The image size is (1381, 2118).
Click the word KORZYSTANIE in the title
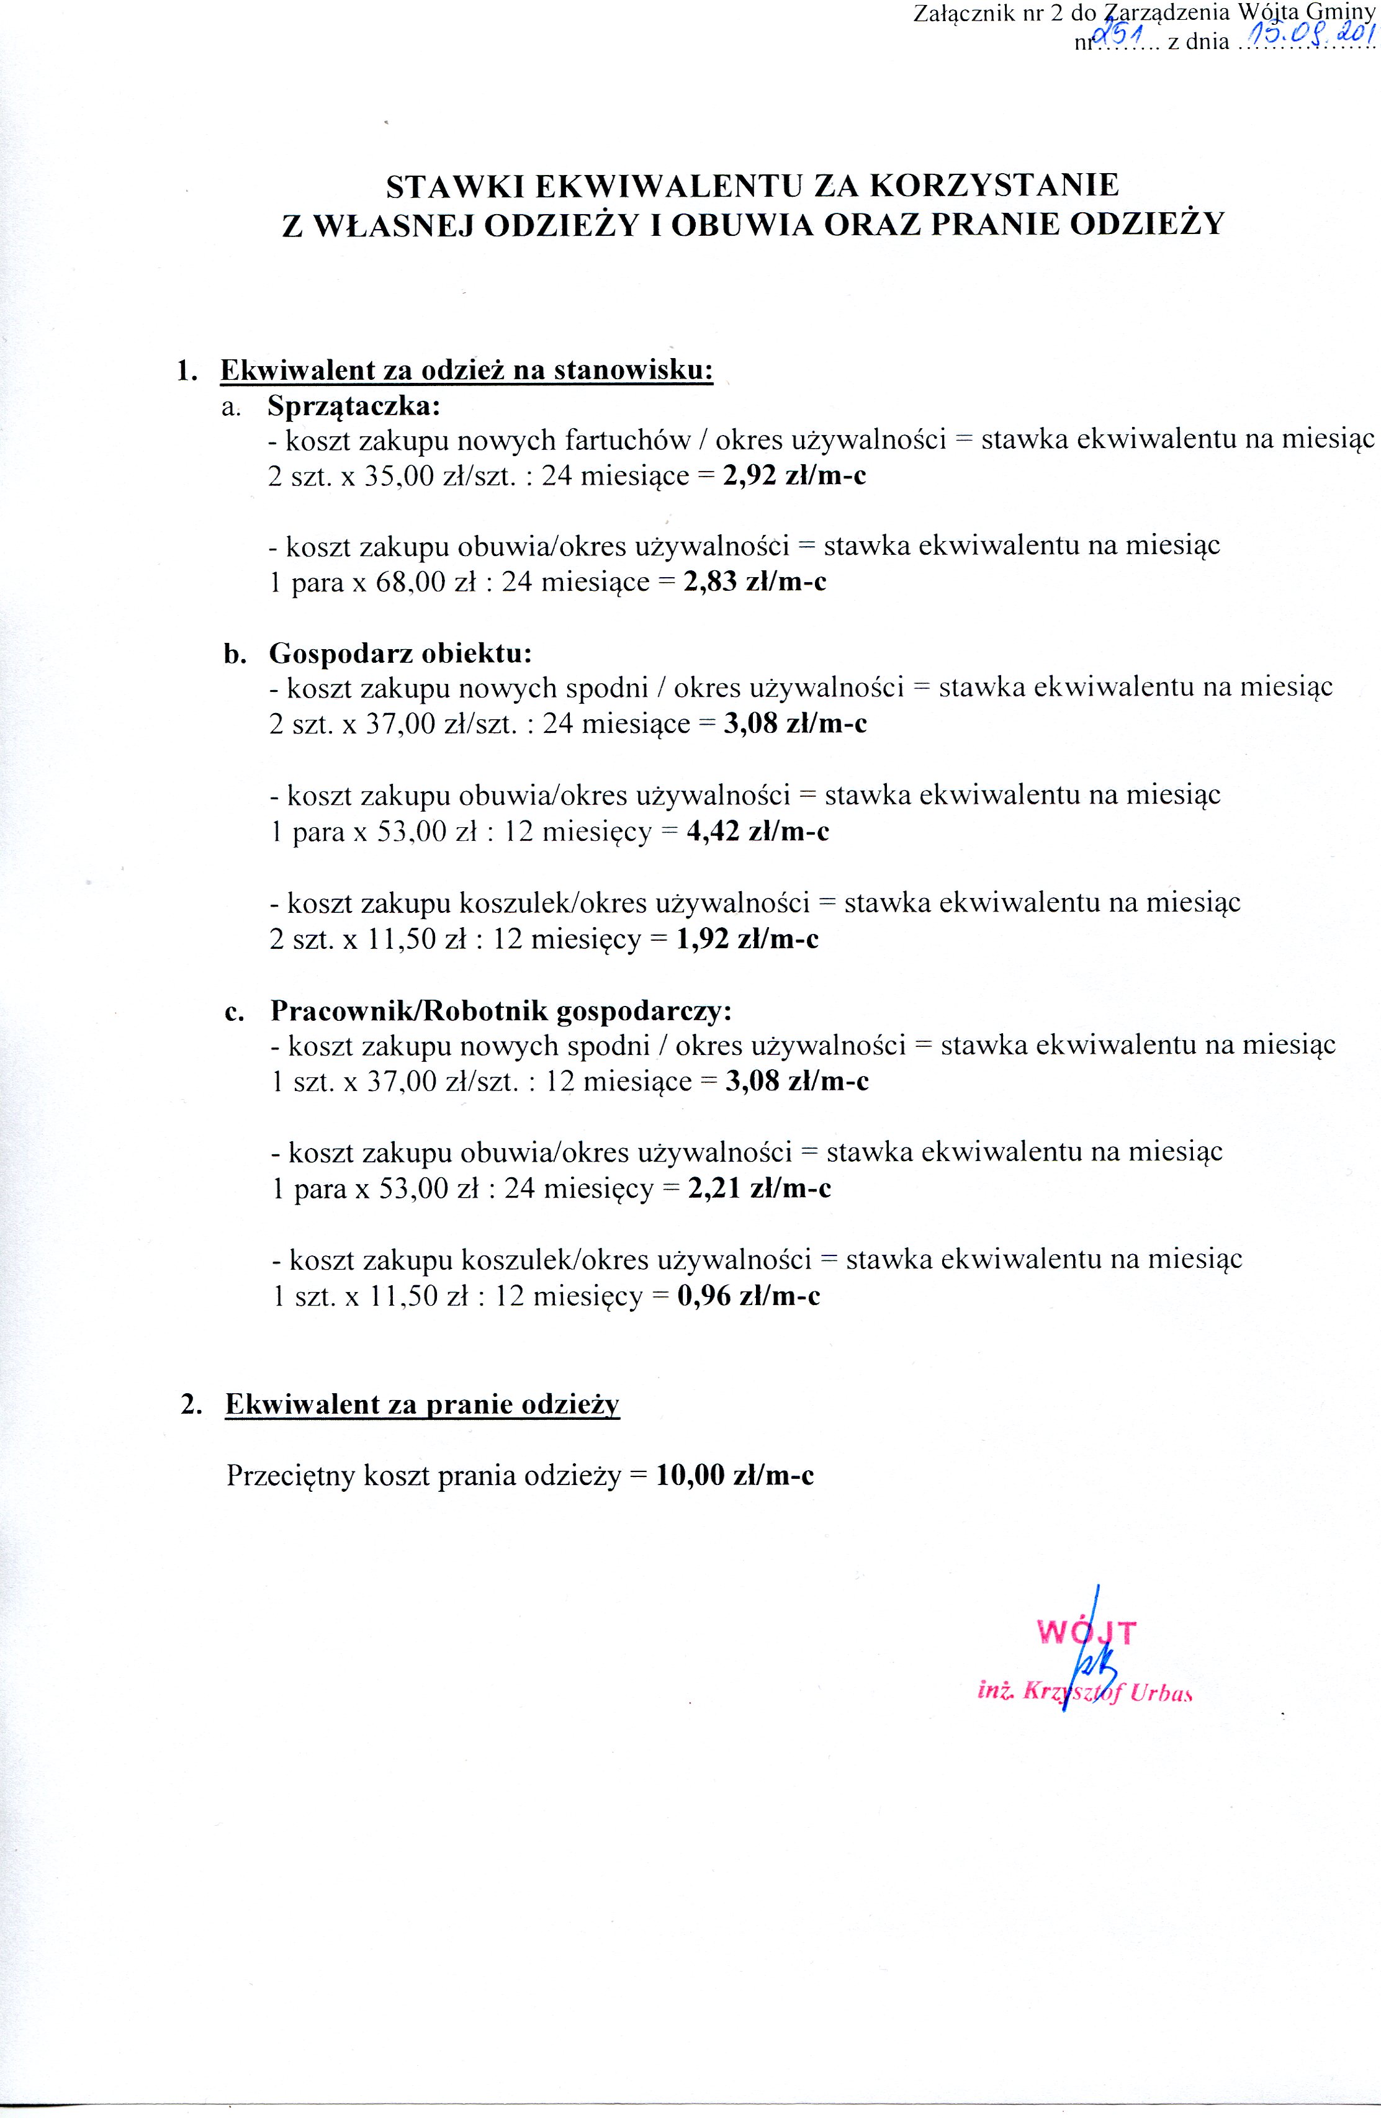coord(993,185)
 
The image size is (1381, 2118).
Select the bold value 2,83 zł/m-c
coord(755,582)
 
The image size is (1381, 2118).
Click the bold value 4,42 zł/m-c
coord(758,831)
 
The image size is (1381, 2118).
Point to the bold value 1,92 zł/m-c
coord(747,939)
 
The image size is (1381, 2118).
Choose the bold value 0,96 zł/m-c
coord(749,1296)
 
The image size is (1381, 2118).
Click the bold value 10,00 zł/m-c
coord(735,1476)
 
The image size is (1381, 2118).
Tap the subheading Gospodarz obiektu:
coord(400,654)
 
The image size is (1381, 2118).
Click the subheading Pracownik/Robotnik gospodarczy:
coord(501,1011)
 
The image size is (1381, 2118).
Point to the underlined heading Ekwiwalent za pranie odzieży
coord(422,1404)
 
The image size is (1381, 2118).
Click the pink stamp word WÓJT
coord(1086,1632)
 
